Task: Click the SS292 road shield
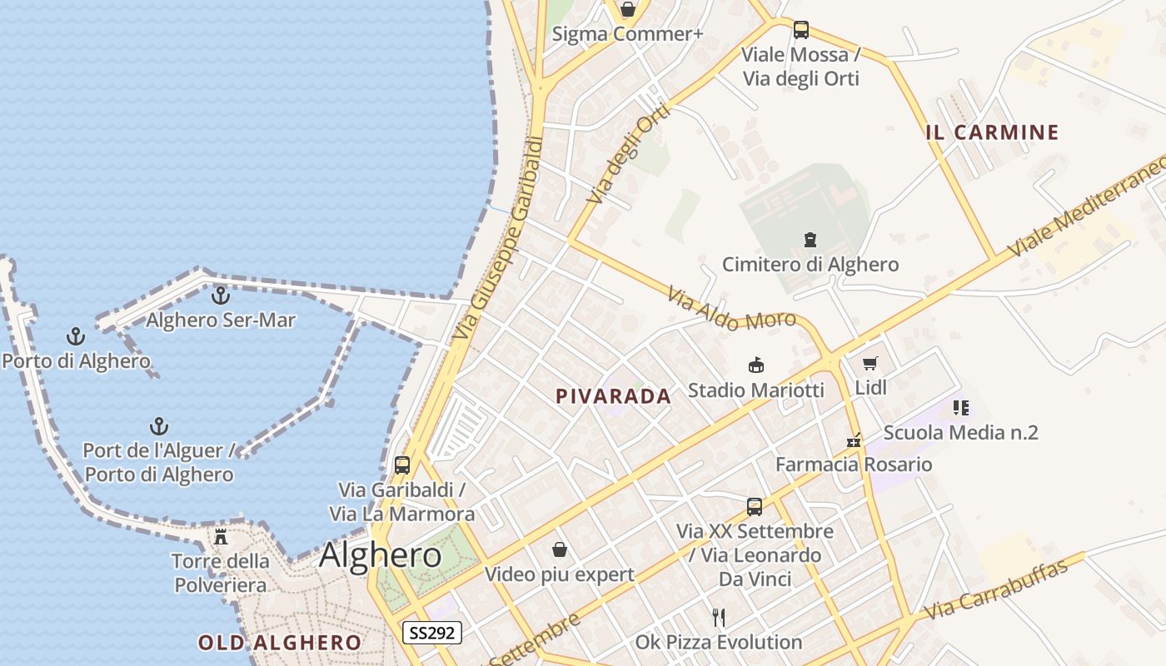coord(432,633)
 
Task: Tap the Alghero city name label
coord(381,555)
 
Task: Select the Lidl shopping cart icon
coord(870,363)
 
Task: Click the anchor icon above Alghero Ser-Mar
coord(221,296)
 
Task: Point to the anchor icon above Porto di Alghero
coord(76,336)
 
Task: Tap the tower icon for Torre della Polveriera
coord(221,536)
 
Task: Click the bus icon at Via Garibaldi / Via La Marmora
coord(402,465)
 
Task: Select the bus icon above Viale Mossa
coord(800,30)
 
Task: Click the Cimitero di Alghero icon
coord(810,241)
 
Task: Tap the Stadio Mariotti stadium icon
coord(755,365)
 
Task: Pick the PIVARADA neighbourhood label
coord(613,397)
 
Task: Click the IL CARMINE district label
coord(992,132)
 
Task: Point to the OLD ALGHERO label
coord(280,643)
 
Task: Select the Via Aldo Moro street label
coord(725,309)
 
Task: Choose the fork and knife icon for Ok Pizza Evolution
coord(719,618)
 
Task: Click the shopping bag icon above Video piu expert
coord(560,549)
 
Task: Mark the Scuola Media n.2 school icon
coord(960,408)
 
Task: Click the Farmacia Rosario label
coord(854,465)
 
